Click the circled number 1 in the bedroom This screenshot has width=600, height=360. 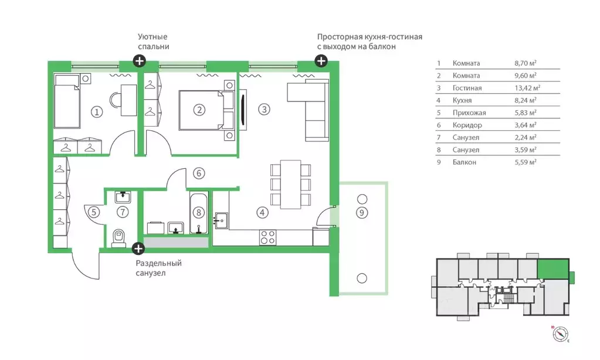point(97,112)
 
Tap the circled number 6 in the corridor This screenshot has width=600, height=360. point(199,174)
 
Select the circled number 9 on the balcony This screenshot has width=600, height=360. point(362,212)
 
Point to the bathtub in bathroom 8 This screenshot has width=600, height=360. point(199,212)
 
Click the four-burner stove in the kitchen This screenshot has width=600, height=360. point(268,237)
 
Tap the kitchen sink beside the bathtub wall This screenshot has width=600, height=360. point(221,220)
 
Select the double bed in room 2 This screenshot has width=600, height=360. point(206,110)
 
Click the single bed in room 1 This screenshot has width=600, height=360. point(67,101)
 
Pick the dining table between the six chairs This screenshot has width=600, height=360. point(291,185)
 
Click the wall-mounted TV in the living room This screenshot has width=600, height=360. point(243,110)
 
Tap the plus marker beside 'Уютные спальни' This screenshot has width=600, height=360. point(139,61)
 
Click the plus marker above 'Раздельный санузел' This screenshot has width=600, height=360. point(138,249)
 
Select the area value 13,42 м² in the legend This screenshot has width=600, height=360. point(527,88)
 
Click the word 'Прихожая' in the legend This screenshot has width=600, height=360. point(469,113)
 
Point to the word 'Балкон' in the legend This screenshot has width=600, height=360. point(464,162)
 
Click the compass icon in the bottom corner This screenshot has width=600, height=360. point(560,334)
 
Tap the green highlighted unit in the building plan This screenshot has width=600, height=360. point(553,269)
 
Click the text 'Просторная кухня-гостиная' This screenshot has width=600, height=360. point(370,37)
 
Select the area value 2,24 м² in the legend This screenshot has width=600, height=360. point(525,137)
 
